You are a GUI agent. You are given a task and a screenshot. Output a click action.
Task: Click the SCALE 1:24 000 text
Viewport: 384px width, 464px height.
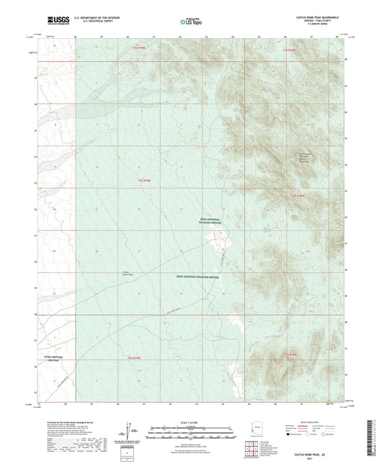(191, 421)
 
